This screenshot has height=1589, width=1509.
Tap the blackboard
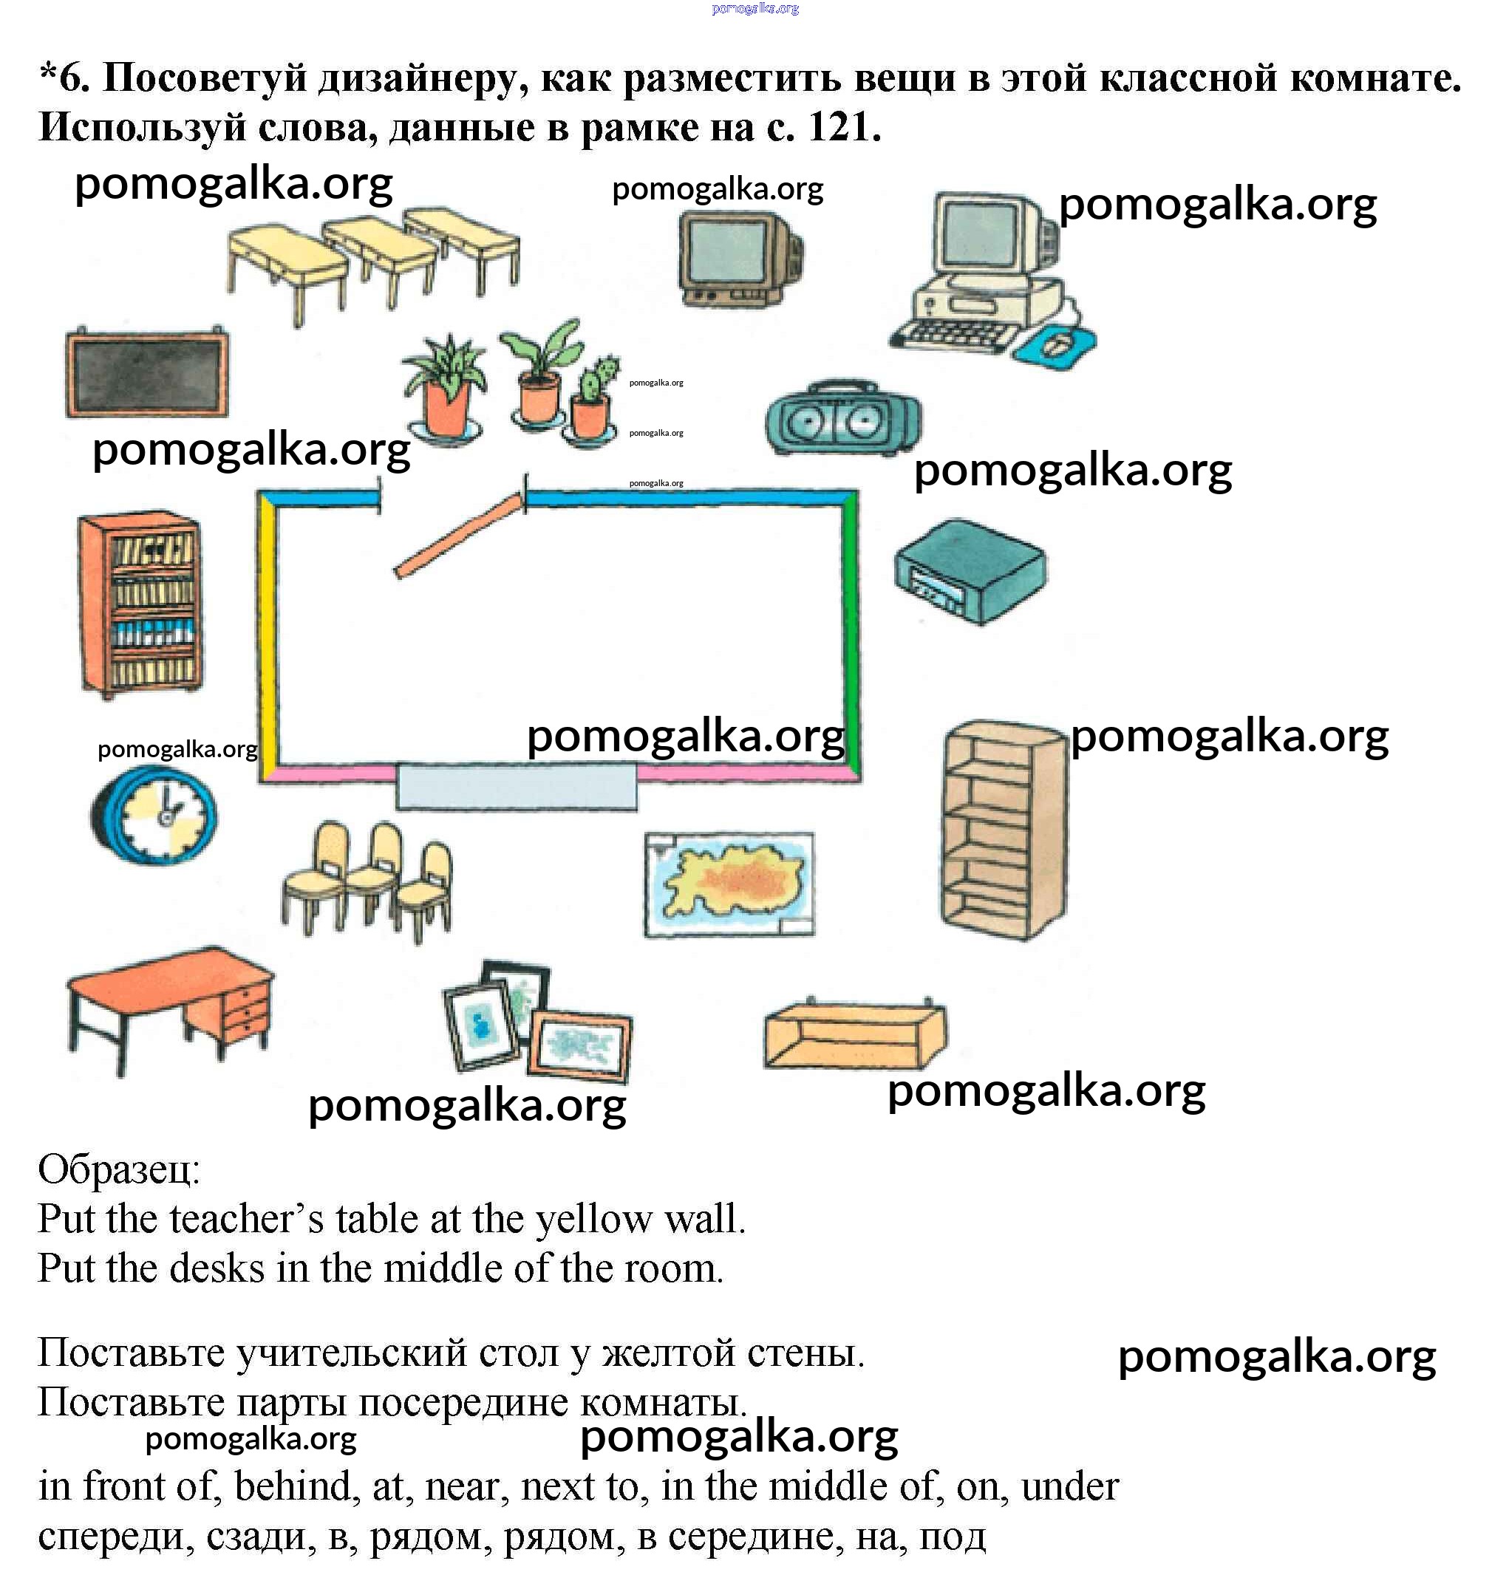click(x=146, y=373)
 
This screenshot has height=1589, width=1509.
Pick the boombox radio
click(x=842, y=418)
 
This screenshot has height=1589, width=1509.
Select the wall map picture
click(x=729, y=884)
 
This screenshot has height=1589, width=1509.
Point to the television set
click(x=738, y=257)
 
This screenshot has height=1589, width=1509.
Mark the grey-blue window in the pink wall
click(x=517, y=786)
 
